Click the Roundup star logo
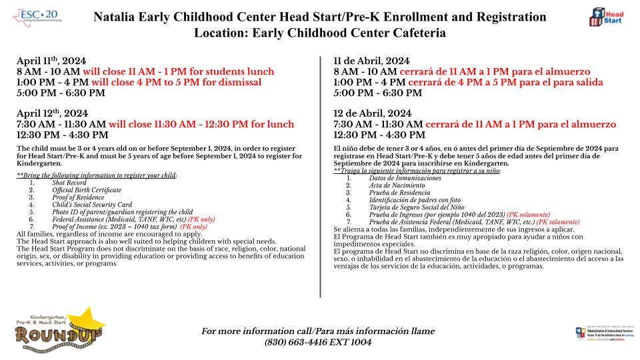pyautogui.click(x=53, y=329)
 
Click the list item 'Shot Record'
pyautogui.click(x=69, y=183)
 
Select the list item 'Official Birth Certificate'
pyautogui.click(x=87, y=190)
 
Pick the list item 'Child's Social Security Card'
pyautogui.click(x=92, y=205)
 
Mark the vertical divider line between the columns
pyautogui.click(x=321, y=177)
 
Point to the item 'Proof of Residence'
pyautogui.click(x=76, y=197)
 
